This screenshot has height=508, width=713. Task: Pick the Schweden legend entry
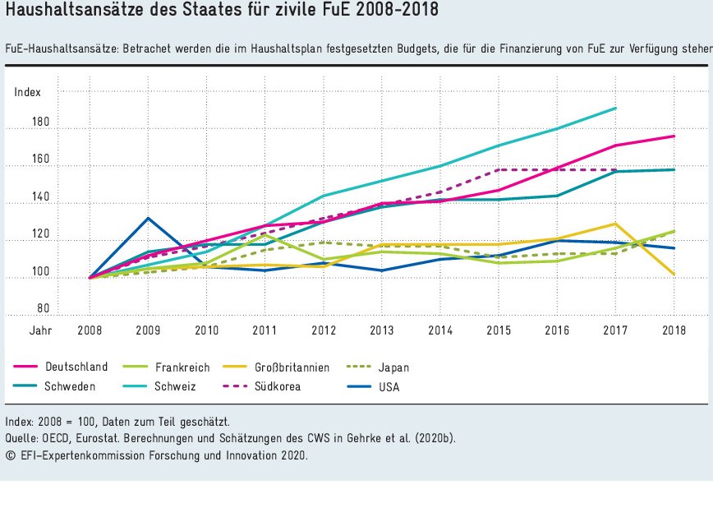(x=71, y=386)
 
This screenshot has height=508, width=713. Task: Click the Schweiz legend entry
(x=176, y=386)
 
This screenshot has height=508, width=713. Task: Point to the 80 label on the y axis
(x=44, y=310)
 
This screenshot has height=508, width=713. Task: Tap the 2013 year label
(x=381, y=330)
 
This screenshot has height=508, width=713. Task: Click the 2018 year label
(x=674, y=330)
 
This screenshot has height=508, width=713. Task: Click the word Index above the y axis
(x=27, y=92)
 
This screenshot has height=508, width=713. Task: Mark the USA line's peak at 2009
(x=147, y=218)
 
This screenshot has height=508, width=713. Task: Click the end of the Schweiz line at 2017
(x=616, y=108)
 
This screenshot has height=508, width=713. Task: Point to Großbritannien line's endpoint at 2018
(x=674, y=275)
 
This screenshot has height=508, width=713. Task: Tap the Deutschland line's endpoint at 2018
(x=674, y=136)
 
